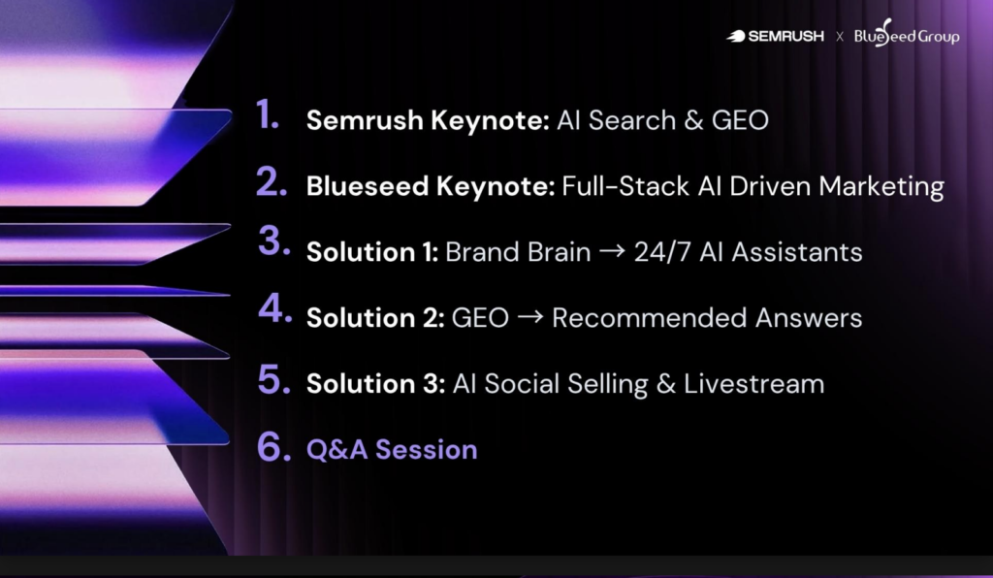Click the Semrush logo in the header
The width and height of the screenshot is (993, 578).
tap(775, 36)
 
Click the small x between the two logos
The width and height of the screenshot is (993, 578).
tap(840, 37)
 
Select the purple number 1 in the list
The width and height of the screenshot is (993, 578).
tap(268, 114)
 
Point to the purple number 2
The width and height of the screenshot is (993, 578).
tap(272, 181)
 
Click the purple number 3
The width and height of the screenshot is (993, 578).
tap(274, 241)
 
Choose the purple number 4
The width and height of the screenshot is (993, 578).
tap(274, 308)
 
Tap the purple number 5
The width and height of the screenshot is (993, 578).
tap(274, 379)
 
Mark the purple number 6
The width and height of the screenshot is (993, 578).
tap(274, 446)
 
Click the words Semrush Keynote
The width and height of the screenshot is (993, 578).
tap(428, 120)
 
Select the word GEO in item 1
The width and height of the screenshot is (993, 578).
tap(740, 120)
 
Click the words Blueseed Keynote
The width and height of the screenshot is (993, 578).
tap(431, 186)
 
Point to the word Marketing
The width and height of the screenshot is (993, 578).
tap(881, 187)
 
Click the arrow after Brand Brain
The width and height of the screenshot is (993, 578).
tap(613, 251)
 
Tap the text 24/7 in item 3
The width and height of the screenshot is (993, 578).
tap(663, 252)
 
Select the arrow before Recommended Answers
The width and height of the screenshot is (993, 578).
tap(530, 316)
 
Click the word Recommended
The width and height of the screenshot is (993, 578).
tap(650, 318)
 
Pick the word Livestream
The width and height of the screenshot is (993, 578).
tap(754, 384)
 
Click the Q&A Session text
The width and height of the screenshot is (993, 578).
tap(392, 449)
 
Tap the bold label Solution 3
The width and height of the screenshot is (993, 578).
tap(375, 384)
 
